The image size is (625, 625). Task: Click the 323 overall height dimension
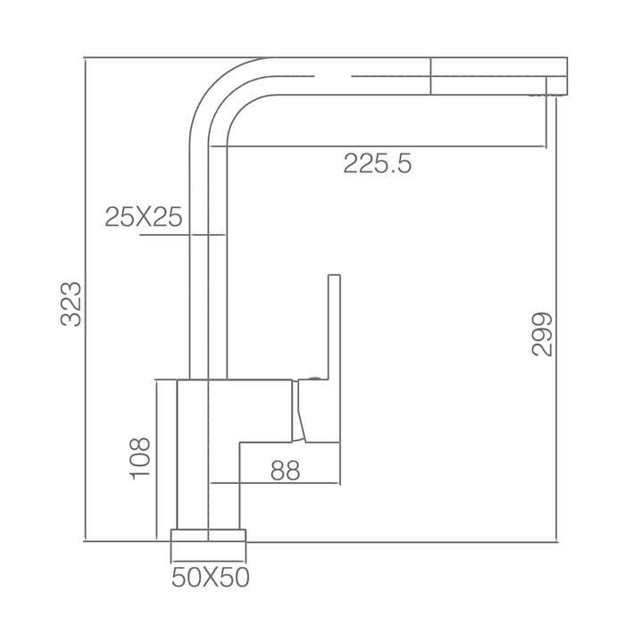click(71, 304)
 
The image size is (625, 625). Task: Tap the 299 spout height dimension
click(542, 334)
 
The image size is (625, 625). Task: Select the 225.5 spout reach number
click(377, 163)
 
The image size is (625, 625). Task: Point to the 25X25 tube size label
click(144, 217)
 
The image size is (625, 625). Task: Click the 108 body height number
click(141, 459)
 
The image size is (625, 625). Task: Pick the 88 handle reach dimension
click(285, 471)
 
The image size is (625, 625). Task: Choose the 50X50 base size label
click(211, 577)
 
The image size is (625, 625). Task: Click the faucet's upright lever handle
click(334, 327)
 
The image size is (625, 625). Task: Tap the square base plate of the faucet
click(208, 536)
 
